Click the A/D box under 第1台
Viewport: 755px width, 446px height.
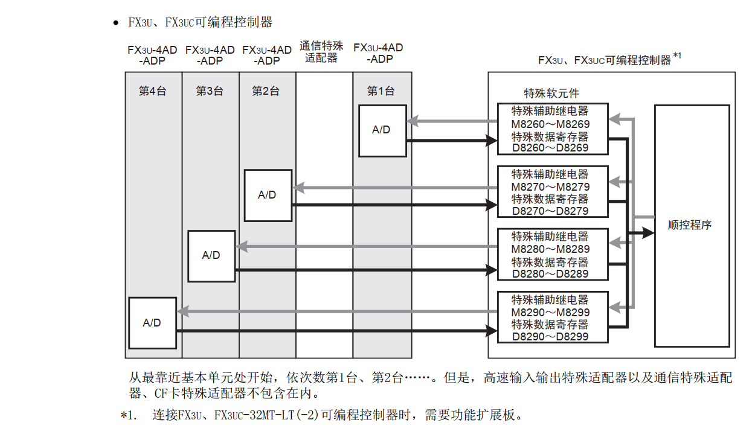382,130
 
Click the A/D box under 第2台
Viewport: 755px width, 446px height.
268,195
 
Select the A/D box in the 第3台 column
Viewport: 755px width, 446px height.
211,256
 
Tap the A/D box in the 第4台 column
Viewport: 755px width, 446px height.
152,323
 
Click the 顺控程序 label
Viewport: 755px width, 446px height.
690,225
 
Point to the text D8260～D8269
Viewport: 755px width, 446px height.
550,148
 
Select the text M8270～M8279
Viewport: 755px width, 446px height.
550,187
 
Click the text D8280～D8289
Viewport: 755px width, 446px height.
550,274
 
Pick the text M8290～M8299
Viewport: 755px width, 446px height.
550,313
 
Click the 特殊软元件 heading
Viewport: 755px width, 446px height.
551,94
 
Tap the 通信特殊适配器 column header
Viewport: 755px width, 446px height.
321,52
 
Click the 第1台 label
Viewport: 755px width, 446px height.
381,91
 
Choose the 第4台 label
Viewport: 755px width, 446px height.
152,91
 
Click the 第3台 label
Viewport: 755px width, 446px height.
210,91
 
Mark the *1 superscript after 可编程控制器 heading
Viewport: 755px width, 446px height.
677,56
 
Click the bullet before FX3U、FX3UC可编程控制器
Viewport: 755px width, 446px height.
115,23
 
